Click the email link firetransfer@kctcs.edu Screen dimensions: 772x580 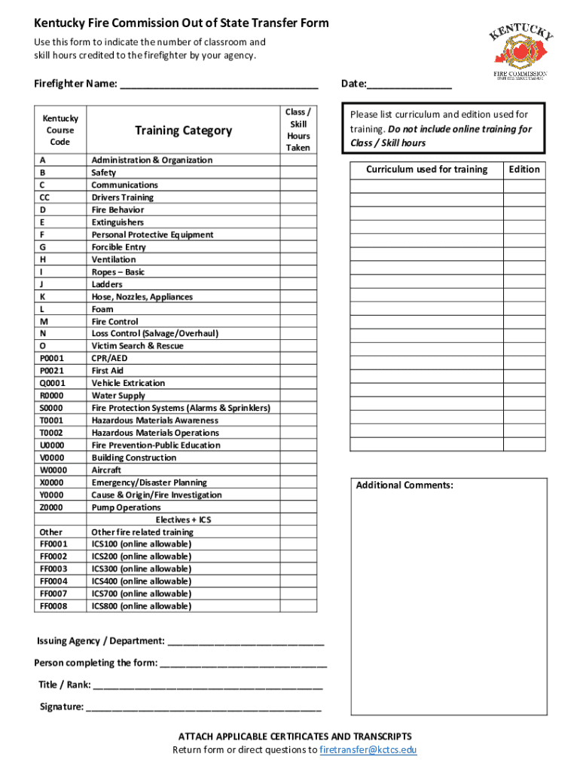(368, 749)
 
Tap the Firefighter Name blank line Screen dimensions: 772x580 (218, 84)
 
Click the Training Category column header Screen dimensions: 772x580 (183, 130)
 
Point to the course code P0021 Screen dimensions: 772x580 (52, 371)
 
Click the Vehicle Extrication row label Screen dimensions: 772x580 (128, 383)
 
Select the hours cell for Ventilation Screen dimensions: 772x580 (298, 259)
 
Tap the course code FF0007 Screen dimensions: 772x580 (53, 594)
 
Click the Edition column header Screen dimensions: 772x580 (524, 170)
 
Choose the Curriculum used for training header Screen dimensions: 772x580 (426, 170)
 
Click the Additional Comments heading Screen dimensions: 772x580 (404, 485)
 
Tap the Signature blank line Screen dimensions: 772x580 (203, 708)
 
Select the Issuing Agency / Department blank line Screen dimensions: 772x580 (246, 642)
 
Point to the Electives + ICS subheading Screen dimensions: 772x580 (183, 520)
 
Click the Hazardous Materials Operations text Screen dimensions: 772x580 (155, 433)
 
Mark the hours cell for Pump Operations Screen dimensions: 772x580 (298, 507)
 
